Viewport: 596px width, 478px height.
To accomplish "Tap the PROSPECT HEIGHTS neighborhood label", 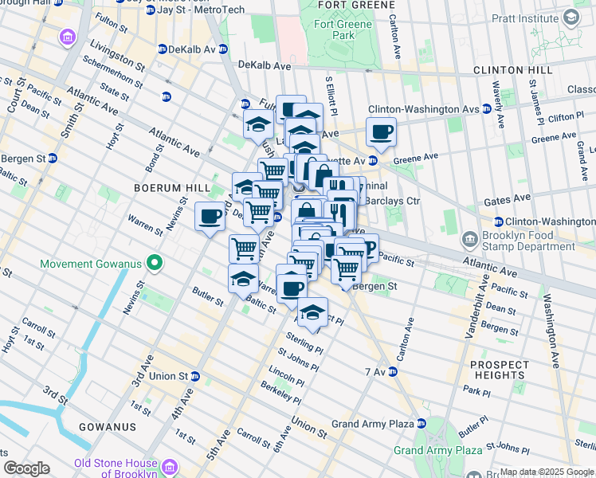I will click(499, 370).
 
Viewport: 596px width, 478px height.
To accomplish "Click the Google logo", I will click(26, 468).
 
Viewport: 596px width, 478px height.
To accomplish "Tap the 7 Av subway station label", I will click(374, 372).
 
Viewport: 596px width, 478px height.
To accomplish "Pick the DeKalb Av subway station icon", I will click(162, 49).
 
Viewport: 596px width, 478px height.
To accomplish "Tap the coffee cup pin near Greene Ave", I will click(381, 132).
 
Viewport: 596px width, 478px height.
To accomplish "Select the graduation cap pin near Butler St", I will click(243, 279).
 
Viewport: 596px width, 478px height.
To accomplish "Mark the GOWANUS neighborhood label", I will click(107, 427).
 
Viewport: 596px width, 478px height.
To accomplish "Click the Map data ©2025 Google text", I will click(547, 472).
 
